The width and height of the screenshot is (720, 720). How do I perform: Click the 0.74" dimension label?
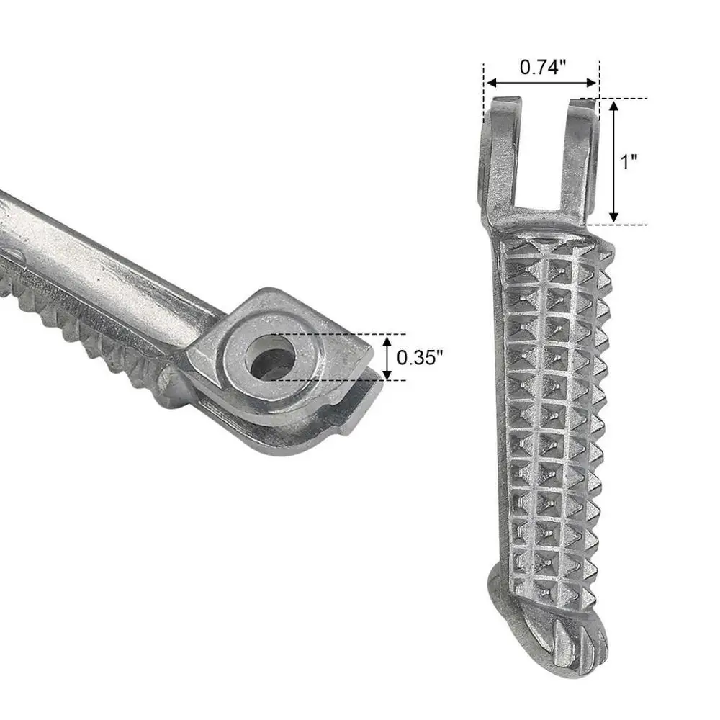(x=543, y=67)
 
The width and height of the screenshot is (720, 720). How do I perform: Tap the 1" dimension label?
(x=630, y=162)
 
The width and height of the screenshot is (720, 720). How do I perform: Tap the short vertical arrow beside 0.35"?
(x=387, y=358)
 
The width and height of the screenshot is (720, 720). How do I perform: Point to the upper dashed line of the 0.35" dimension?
(x=346, y=334)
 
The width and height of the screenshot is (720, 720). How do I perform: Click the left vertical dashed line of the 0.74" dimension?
(x=485, y=86)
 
